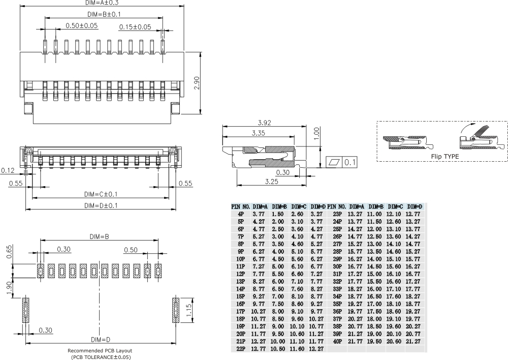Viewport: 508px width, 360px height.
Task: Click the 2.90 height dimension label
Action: [197, 83]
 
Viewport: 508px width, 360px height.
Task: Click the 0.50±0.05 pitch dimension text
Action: [82, 25]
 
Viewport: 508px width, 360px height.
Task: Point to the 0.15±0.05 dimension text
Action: [135, 26]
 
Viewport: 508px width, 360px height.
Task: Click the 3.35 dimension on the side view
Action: [259, 133]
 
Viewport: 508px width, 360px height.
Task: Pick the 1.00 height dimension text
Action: [316, 133]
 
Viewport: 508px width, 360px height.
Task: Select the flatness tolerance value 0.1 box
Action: [350, 163]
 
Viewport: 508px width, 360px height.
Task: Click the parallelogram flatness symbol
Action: [334, 163]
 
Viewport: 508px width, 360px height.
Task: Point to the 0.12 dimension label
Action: [8, 170]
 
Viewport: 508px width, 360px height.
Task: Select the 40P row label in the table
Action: [337, 341]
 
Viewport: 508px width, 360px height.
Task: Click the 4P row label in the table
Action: [240, 215]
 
